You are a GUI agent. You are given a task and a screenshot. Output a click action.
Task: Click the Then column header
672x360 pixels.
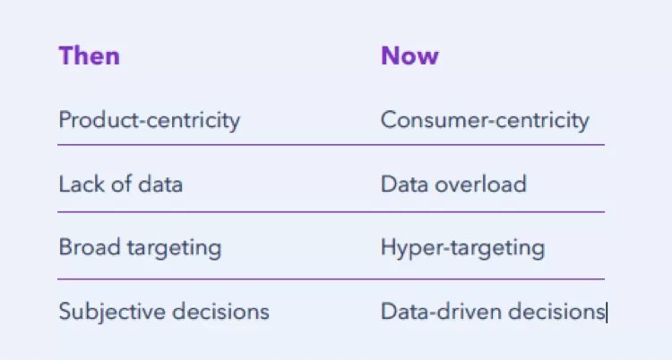[89, 56]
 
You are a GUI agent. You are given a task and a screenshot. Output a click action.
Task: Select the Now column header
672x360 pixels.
[409, 56]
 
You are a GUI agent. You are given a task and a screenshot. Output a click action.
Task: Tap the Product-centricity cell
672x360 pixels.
[149, 120]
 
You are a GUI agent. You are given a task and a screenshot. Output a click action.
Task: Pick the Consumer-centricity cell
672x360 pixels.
[485, 120]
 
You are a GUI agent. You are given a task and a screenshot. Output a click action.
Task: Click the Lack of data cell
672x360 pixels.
[120, 184]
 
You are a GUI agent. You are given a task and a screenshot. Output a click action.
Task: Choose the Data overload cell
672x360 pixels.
[453, 184]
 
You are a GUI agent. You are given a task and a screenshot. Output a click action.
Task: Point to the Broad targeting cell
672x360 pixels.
[140, 248]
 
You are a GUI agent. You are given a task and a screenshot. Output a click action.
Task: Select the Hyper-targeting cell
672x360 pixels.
[463, 248]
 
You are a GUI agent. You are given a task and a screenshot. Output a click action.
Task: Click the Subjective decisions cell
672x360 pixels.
[164, 312]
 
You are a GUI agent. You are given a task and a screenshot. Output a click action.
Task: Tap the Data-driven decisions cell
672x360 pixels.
[493, 311]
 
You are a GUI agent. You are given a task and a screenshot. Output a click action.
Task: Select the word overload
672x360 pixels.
[480, 184]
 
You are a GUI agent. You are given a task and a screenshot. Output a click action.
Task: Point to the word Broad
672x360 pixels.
[90, 247]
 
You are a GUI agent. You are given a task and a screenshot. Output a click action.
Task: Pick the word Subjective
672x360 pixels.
[113, 312]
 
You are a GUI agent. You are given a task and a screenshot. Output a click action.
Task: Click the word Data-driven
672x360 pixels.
[441, 311]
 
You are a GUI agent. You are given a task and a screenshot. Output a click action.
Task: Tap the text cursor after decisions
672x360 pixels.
[607, 312]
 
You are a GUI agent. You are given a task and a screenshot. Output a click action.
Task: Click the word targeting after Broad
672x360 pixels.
[175, 249]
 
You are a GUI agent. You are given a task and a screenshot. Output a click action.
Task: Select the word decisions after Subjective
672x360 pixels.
[220, 311]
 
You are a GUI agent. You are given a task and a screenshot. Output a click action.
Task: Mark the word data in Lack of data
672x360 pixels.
[160, 184]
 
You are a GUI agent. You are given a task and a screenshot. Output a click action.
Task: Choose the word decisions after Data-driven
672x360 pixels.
[556, 311]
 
